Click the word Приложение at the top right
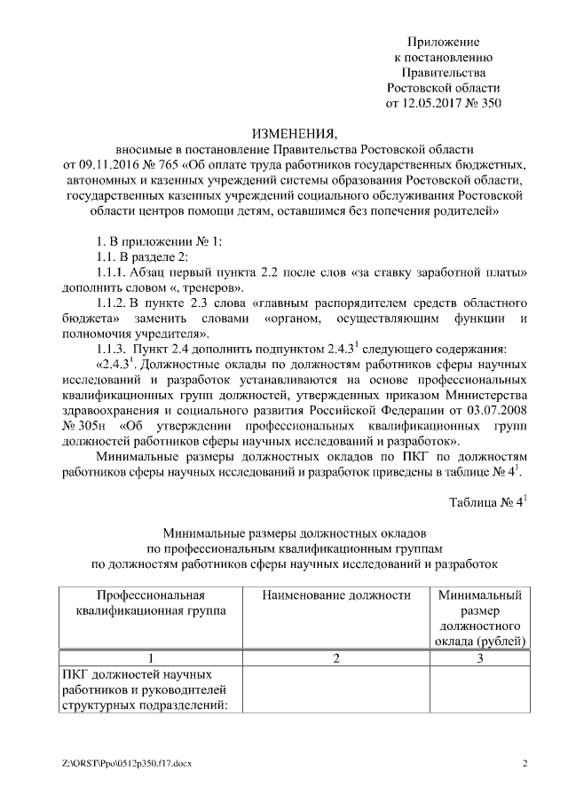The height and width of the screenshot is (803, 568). (x=443, y=42)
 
